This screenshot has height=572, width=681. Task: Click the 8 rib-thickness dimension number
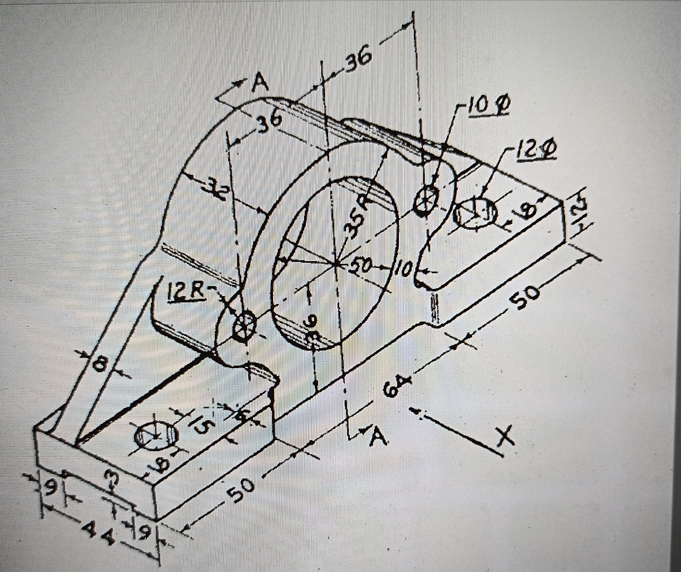(99, 365)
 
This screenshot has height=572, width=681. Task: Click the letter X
(505, 436)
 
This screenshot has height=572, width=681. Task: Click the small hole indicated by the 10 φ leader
(426, 200)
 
